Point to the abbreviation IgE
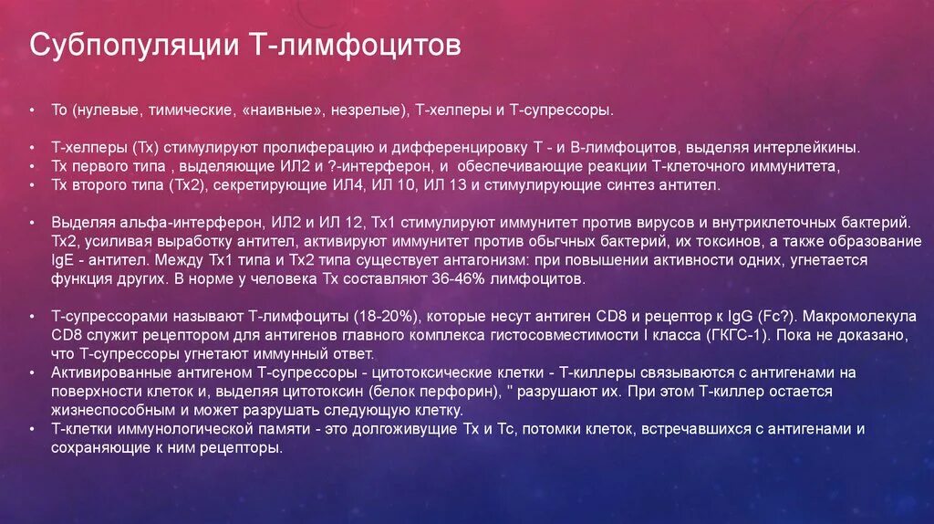coord(63,260)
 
